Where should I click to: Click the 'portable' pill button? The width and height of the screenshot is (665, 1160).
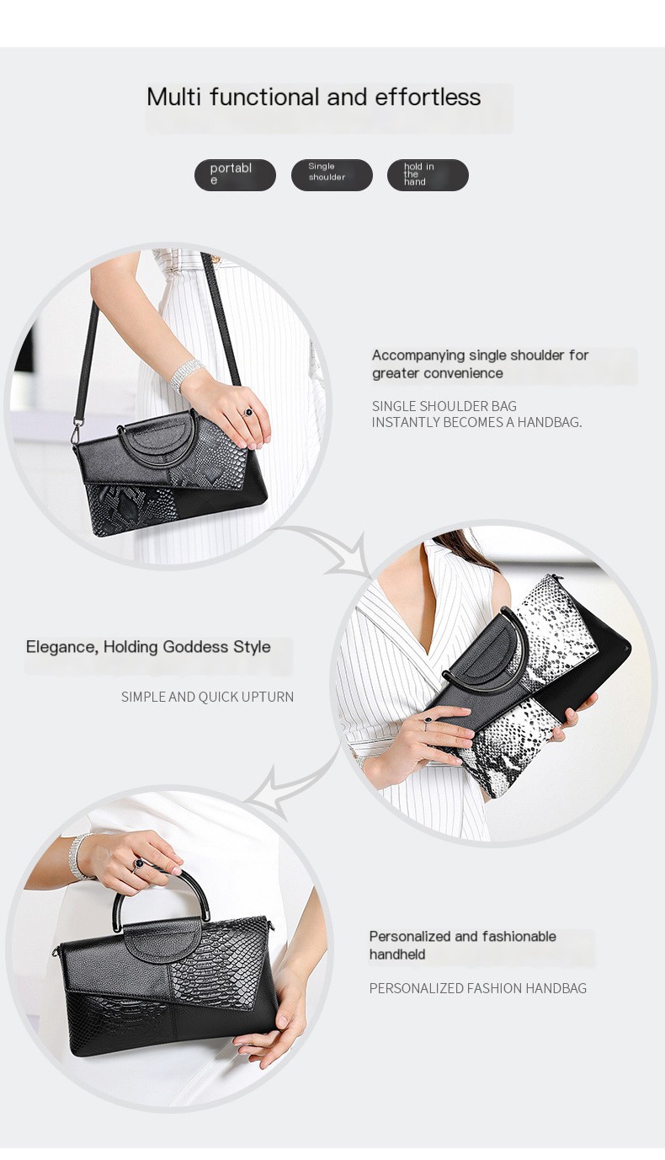(235, 174)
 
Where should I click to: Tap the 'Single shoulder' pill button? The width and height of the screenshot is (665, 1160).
(332, 174)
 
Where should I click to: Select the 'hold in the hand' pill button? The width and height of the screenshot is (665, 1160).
(428, 174)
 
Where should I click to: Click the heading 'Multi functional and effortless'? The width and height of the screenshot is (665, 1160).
(313, 97)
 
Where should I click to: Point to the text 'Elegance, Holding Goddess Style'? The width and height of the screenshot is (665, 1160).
(148, 647)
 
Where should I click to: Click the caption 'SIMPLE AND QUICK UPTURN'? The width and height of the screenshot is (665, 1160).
(207, 697)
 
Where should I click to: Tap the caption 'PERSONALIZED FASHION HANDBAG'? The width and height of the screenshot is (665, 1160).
(477, 988)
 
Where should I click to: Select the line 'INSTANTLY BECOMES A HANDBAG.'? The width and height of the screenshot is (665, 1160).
(476, 422)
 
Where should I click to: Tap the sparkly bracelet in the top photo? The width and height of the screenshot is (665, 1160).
(185, 374)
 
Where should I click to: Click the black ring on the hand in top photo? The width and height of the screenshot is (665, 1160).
(247, 412)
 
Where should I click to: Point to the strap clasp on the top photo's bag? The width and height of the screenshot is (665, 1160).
(77, 433)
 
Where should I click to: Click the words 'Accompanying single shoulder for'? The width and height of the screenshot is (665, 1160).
(480, 355)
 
